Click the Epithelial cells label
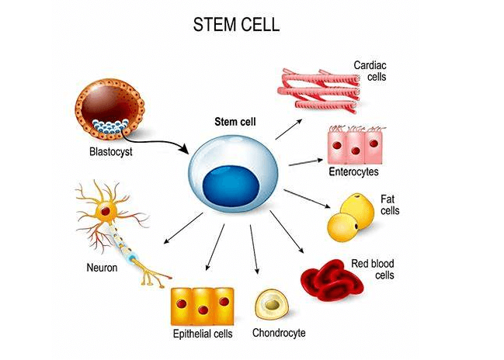tap(202, 335)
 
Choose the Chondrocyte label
tap(279, 334)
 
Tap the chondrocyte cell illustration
tap(273, 306)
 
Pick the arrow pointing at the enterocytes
tap(304, 162)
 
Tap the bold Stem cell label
tap(236, 122)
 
